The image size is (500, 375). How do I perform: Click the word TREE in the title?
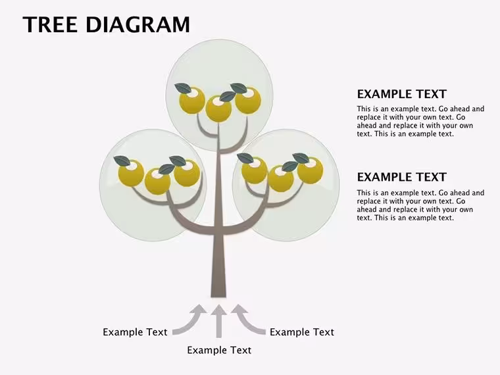point(50,24)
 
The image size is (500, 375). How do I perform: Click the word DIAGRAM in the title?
point(137,24)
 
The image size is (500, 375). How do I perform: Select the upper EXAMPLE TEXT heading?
point(402,94)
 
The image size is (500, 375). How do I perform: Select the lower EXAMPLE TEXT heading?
point(402,177)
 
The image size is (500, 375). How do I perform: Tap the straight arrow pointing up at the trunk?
point(218,321)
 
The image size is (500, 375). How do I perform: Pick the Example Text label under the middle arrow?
point(219,350)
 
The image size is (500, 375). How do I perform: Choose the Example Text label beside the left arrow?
point(135,332)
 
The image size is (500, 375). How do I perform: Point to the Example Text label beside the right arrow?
point(302,332)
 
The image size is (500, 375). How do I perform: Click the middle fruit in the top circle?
point(218,109)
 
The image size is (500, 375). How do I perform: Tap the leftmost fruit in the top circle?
point(192,101)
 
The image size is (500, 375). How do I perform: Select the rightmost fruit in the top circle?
point(248,101)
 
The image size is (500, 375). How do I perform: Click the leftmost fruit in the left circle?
point(131,173)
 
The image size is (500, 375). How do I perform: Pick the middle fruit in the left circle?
point(157,181)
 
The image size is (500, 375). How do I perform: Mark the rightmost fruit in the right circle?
point(311,171)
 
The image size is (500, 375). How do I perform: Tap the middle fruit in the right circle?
point(281,178)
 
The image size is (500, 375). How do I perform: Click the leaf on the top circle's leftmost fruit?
point(183,88)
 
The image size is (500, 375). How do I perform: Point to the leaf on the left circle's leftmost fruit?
point(122,161)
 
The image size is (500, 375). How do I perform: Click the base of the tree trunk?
point(218,295)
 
